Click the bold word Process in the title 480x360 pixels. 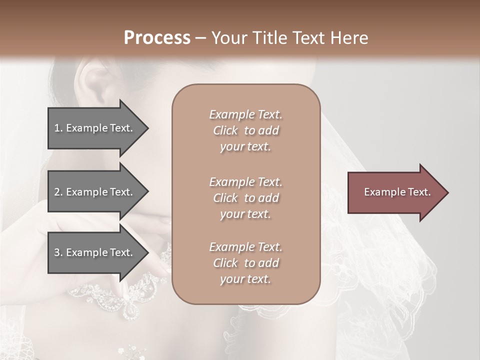point(157,38)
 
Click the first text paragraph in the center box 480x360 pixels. point(245,130)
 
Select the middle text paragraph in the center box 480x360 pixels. point(245,198)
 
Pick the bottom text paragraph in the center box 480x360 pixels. point(245,263)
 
